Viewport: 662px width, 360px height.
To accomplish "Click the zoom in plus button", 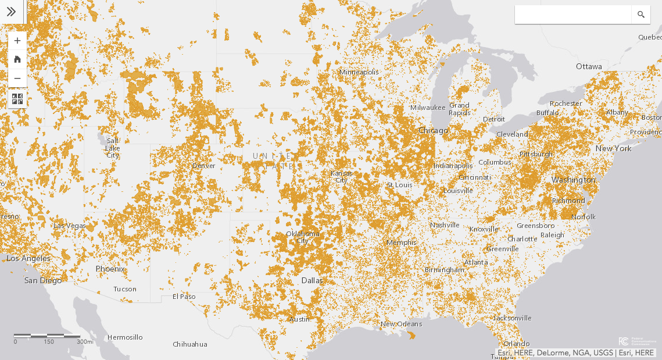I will coord(17,41).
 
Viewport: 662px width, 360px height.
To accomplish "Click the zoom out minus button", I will coord(17,78).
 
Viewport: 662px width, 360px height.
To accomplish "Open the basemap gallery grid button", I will coord(17,99).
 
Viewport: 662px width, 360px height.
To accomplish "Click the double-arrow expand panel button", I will coord(11,12).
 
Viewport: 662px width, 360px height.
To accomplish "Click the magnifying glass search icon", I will coord(641,15).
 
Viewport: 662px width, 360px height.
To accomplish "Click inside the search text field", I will coord(572,15).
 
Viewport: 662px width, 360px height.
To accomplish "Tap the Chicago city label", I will coord(433,130).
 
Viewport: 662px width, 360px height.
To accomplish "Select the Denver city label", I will coord(203,166).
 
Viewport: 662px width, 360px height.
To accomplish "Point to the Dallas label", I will coord(312,280).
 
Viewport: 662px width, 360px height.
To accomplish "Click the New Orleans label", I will coord(401,323).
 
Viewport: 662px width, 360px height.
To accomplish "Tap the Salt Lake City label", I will coord(113,148).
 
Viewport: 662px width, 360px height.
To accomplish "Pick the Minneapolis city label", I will coord(359,72).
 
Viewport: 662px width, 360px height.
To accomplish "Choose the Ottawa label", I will coord(589,66).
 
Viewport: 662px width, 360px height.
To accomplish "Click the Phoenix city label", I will coord(110,269).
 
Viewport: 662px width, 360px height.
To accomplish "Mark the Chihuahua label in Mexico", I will coord(189,344).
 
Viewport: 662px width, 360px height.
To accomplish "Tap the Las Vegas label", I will coord(69,226).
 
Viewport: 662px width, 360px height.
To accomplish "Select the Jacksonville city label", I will coord(512,318).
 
